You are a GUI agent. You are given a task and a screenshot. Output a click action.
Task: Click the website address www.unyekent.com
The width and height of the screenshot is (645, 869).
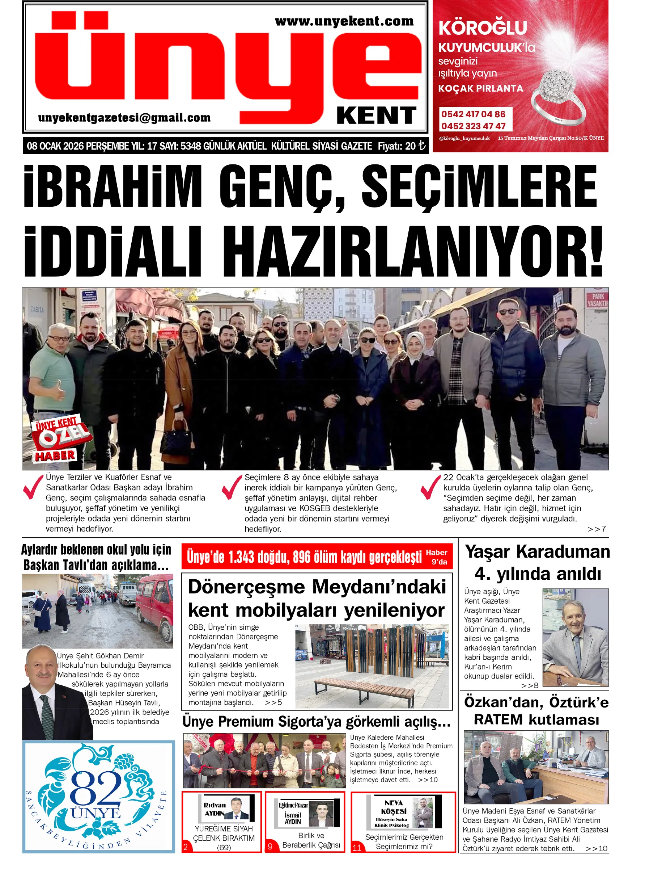tap(344, 21)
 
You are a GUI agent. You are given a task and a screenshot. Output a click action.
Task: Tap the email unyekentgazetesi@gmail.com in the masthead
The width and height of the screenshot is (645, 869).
tap(124, 118)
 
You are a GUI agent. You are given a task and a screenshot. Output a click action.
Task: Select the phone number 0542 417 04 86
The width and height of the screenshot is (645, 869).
tap(473, 114)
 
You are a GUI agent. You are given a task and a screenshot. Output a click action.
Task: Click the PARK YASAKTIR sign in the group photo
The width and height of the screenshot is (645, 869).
tap(597, 300)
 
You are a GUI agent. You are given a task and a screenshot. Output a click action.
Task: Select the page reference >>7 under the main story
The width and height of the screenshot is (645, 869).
tap(596, 529)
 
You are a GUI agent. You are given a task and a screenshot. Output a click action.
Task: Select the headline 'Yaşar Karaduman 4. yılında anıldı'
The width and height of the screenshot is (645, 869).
tap(537, 563)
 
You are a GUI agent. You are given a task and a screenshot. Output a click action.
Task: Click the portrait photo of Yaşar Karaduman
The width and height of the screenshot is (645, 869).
tap(575, 637)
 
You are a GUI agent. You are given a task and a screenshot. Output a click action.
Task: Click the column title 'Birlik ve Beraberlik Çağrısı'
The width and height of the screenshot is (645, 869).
tap(311, 840)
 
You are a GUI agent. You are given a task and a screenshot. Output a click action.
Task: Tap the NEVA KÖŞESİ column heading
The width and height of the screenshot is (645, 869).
tap(394, 807)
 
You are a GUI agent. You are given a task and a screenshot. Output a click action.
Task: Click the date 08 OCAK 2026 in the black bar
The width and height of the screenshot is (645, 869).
tap(55, 146)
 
